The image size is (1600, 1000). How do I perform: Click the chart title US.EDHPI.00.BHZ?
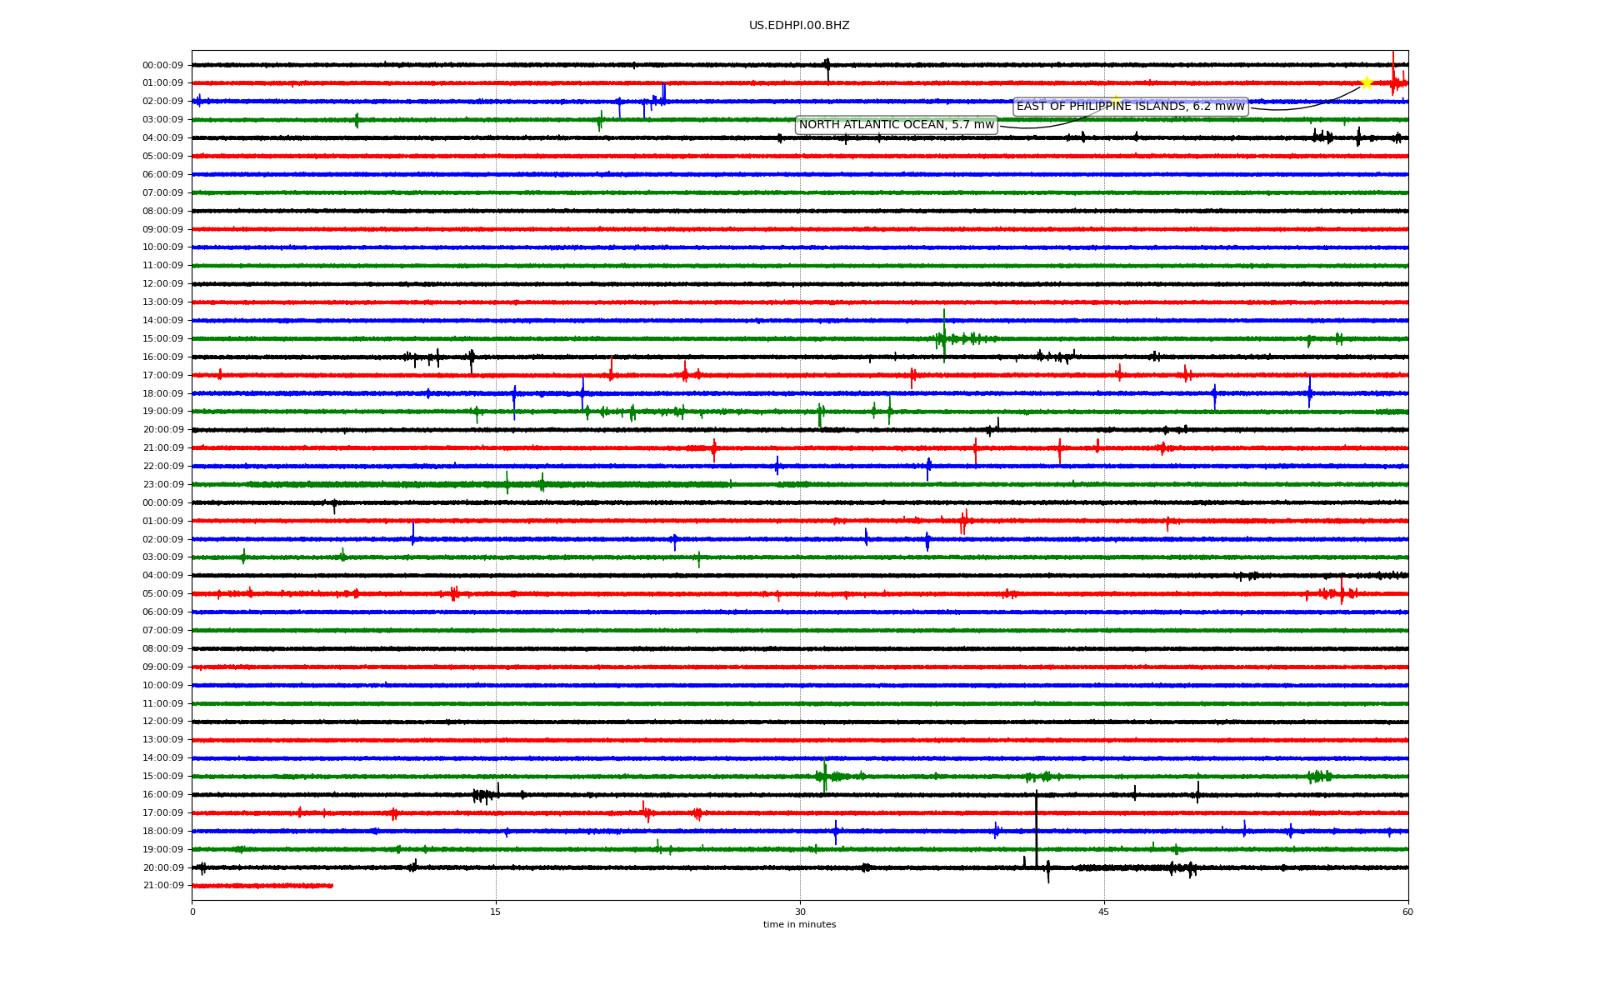click(x=799, y=26)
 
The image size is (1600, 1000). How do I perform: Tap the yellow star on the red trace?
click(x=1367, y=82)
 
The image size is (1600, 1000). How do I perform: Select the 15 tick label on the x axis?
click(x=496, y=912)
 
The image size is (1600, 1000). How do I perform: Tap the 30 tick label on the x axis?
click(x=800, y=912)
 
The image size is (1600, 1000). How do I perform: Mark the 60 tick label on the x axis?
click(x=1407, y=912)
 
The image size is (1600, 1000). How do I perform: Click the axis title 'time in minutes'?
click(x=799, y=925)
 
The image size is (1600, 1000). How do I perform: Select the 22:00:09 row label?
click(x=163, y=467)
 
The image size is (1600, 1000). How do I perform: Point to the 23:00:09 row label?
click(x=163, y=485)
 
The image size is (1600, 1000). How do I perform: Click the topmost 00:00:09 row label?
click(x=163, y=66)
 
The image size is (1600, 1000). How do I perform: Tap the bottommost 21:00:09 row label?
click(x=163, y=886)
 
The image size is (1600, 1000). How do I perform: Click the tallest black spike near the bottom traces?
click(x=1037, y=829)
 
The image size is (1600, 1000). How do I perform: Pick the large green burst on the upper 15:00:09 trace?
click(x=944, y=336)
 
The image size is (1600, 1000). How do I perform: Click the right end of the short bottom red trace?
click(x=332, y=886)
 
